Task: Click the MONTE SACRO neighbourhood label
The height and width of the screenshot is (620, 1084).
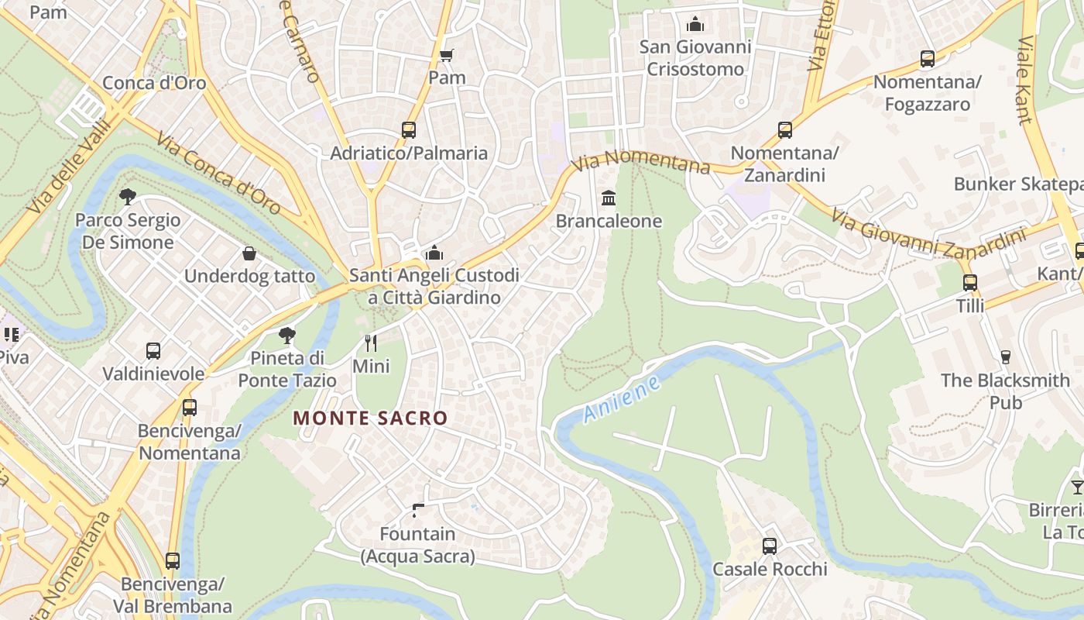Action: pos(370,418)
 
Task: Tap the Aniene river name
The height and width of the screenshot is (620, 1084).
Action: pos(622,399)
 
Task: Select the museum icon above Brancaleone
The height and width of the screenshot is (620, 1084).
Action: pos(609,198)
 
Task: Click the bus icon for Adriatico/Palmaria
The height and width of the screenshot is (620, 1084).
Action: pos(409,130)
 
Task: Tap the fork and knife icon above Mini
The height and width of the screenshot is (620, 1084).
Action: pos(371,343)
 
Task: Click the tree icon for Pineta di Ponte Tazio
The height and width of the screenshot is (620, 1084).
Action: pos(287,336)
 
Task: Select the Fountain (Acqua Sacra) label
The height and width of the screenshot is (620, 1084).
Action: pos(417,545)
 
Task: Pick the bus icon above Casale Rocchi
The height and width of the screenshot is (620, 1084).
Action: pos(770,546)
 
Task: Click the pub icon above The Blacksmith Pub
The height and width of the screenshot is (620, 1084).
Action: pos(1006,357)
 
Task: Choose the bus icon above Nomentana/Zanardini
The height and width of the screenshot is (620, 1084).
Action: pos(785,130)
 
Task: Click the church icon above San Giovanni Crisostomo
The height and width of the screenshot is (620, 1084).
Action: pos(695,24)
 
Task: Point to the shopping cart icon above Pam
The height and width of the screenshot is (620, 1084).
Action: pos(447,55)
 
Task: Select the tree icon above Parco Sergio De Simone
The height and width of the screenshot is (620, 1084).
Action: pos(128,197)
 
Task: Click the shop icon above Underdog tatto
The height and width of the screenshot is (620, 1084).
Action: pos(249,253)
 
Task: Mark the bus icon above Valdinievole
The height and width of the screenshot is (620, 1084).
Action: pos(153,351)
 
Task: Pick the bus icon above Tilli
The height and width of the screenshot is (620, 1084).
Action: pos(970,283)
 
